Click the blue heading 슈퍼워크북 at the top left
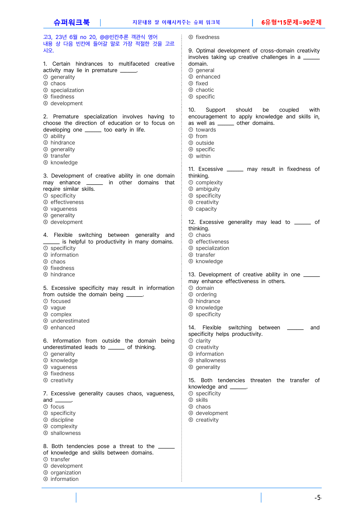tap(71, 22)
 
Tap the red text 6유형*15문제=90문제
tap(291, 22)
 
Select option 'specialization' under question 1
tap(67, 90)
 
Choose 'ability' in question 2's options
tap(58, 136)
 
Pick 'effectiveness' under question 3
tap(67, 202)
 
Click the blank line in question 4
tap(51, 243)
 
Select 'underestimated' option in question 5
tap(70, 321)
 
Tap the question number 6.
tap(45, 341)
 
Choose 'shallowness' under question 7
tap(66, 433)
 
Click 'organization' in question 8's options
tap(66, 473)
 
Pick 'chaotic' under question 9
tap(205, 90)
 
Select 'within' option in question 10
tap(203, 156)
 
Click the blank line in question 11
tap(235, 170)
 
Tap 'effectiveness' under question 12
tap(212, 242)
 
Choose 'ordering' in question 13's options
tap(206, 295)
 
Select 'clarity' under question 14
tap(203, 341)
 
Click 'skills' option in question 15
tap(202, 400)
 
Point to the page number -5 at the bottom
tap(318, 498)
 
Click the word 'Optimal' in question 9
tap(205, 51)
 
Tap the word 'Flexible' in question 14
tap(212, 328)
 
